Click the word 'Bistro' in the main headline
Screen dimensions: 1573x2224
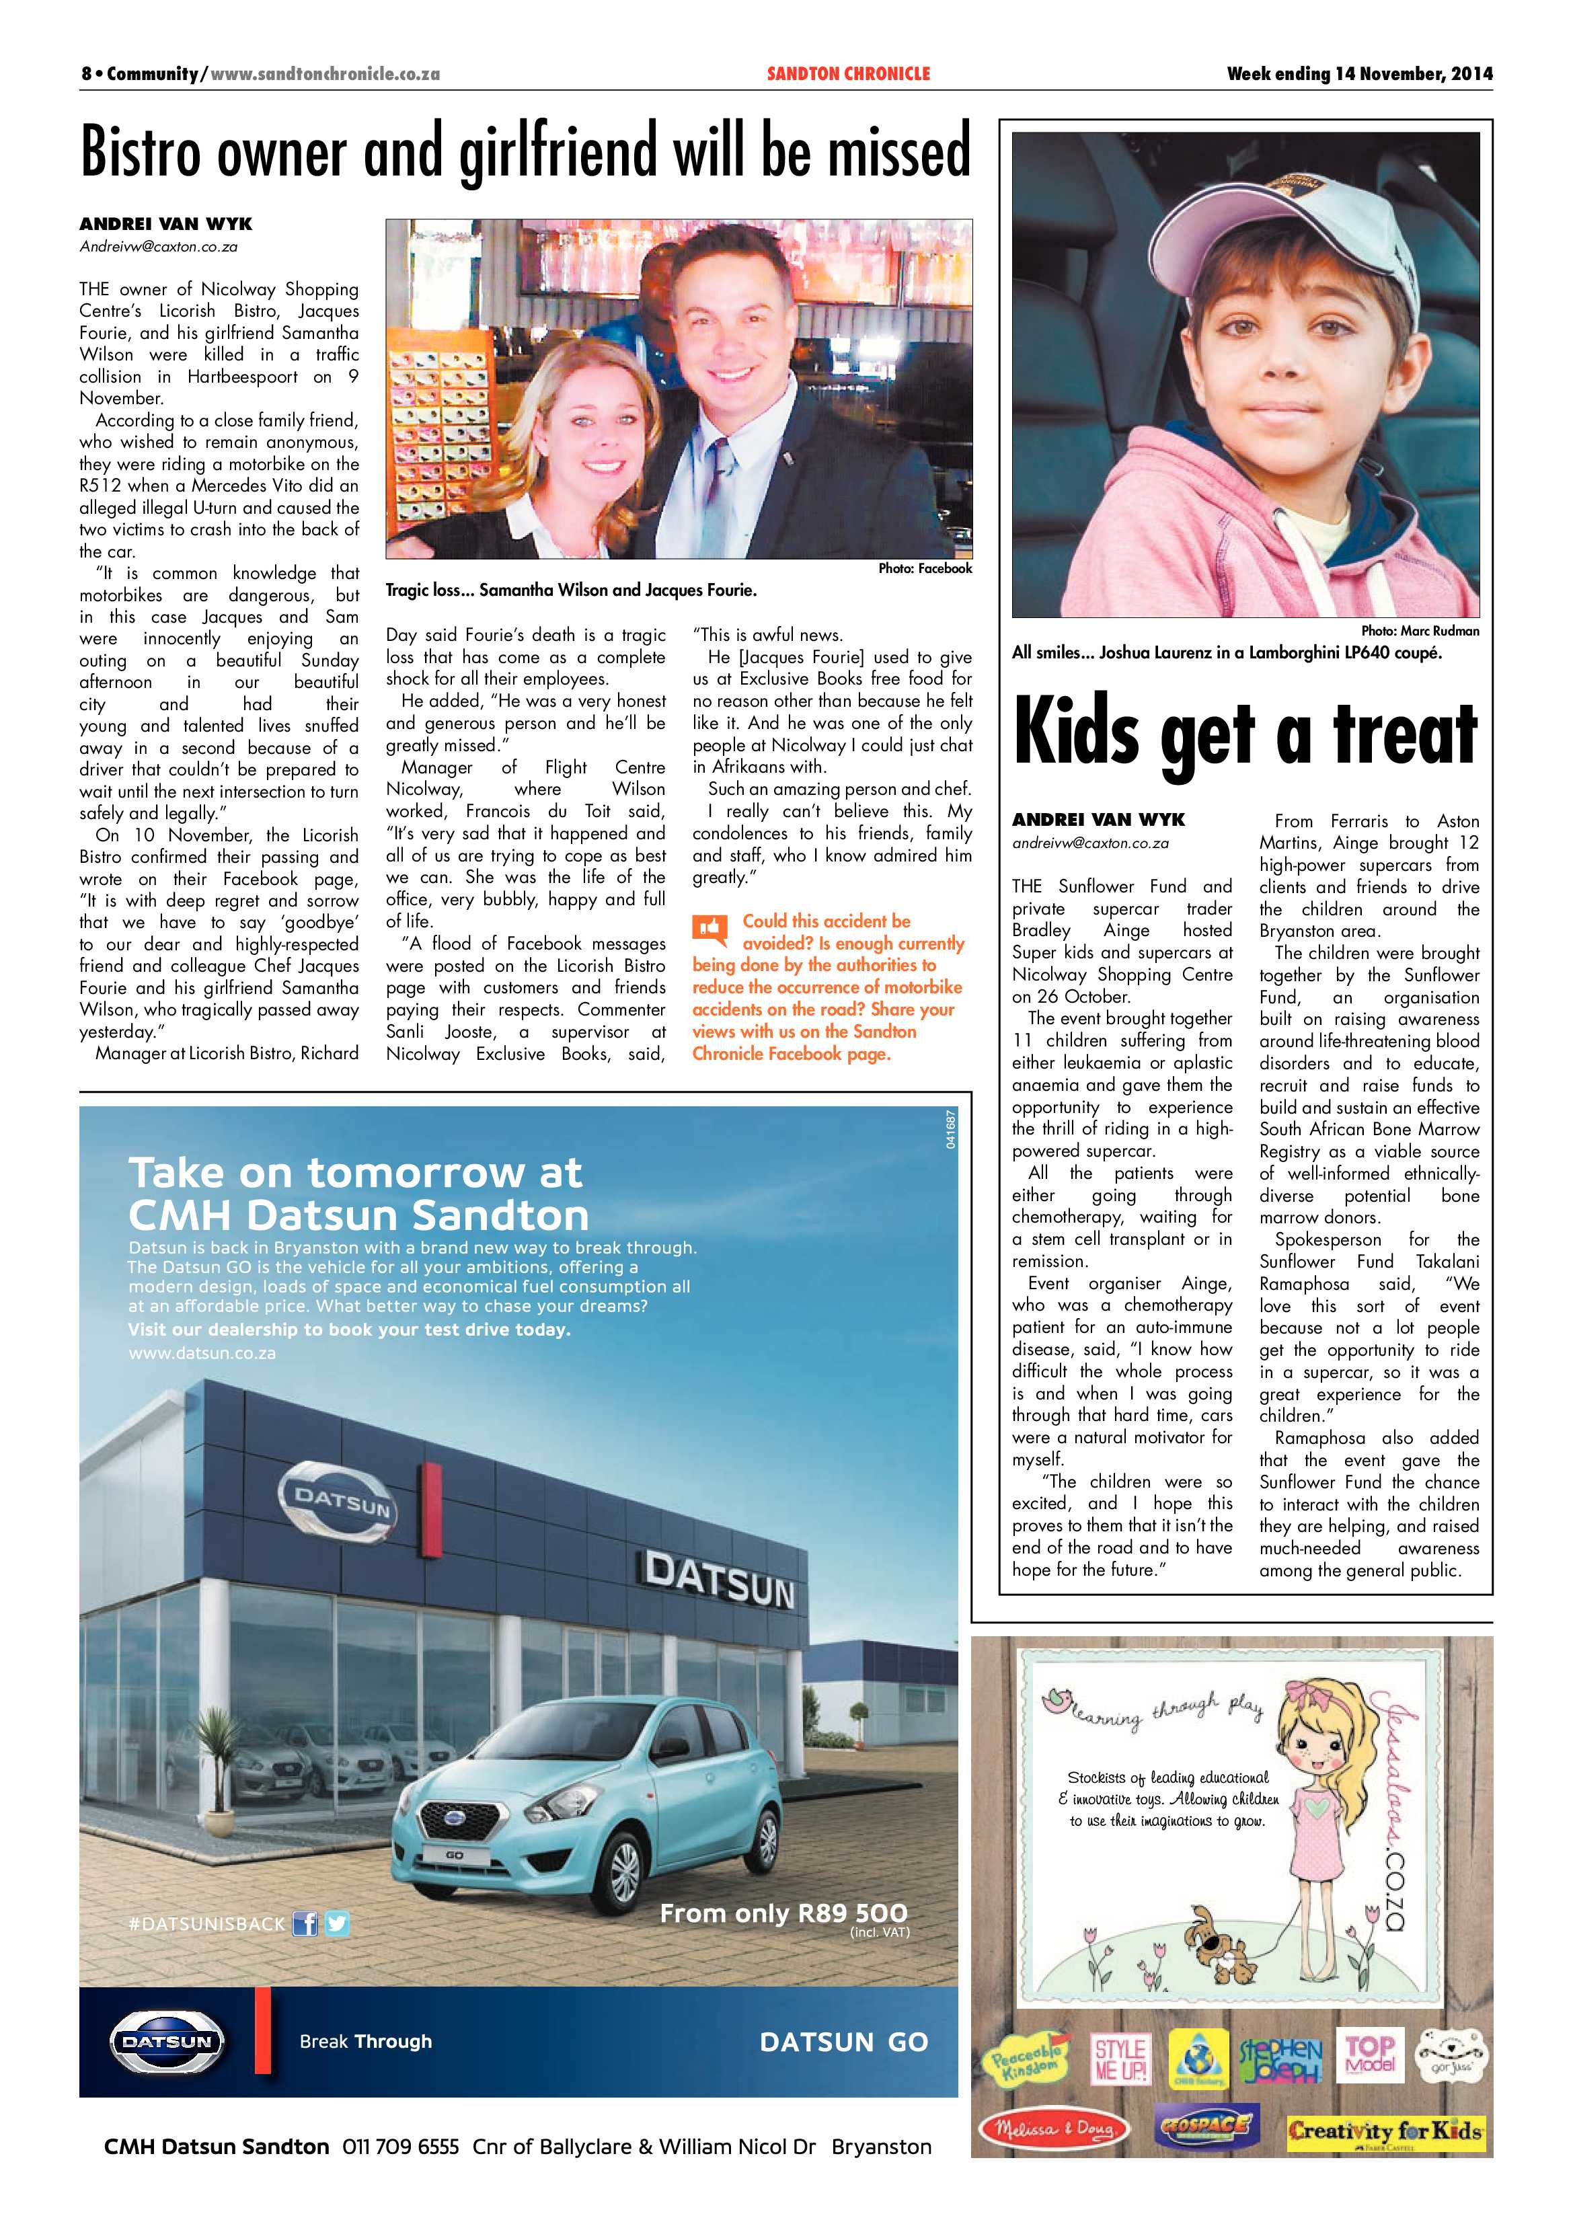(141, 153)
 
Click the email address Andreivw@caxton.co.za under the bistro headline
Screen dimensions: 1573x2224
(158, 247)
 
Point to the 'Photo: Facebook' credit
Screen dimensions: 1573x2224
(924, 568)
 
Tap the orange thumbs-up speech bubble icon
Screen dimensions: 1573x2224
(710, 929)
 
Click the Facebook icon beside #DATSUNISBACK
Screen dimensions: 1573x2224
(305, 1923)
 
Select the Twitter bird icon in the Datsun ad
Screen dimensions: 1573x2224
(337, 1923)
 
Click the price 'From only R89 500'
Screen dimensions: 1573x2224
(783, 1913)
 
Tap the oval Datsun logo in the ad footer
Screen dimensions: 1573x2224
(167, 2041)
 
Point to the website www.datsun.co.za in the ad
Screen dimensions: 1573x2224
(202, 1352)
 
